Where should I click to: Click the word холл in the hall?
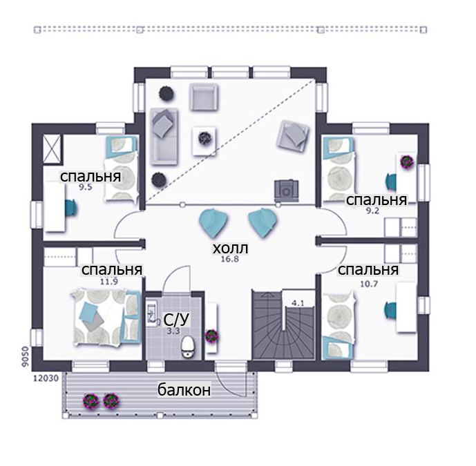pos(230,248)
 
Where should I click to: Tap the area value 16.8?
pos(230,259)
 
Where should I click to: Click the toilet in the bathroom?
pos(188,347)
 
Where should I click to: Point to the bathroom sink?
pos(153,313)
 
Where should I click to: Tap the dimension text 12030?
pos(46,378)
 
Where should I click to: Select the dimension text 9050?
pos(26,356)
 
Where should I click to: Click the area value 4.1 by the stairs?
pos(298,303)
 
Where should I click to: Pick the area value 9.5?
pos(86,187)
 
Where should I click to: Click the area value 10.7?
pos(369,284)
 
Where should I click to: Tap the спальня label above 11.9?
pos(112,269)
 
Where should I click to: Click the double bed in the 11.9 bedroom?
pos(106,317)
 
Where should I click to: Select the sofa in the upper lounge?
pos(164,137)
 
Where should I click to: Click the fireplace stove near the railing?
pos(286,191)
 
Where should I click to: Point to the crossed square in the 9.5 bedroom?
pos(53,149)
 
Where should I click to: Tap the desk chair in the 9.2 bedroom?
pos(391,182)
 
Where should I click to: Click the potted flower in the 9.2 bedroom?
pos(407,162)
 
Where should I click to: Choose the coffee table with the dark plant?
pos(204,140)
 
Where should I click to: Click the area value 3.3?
pos(173,331)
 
